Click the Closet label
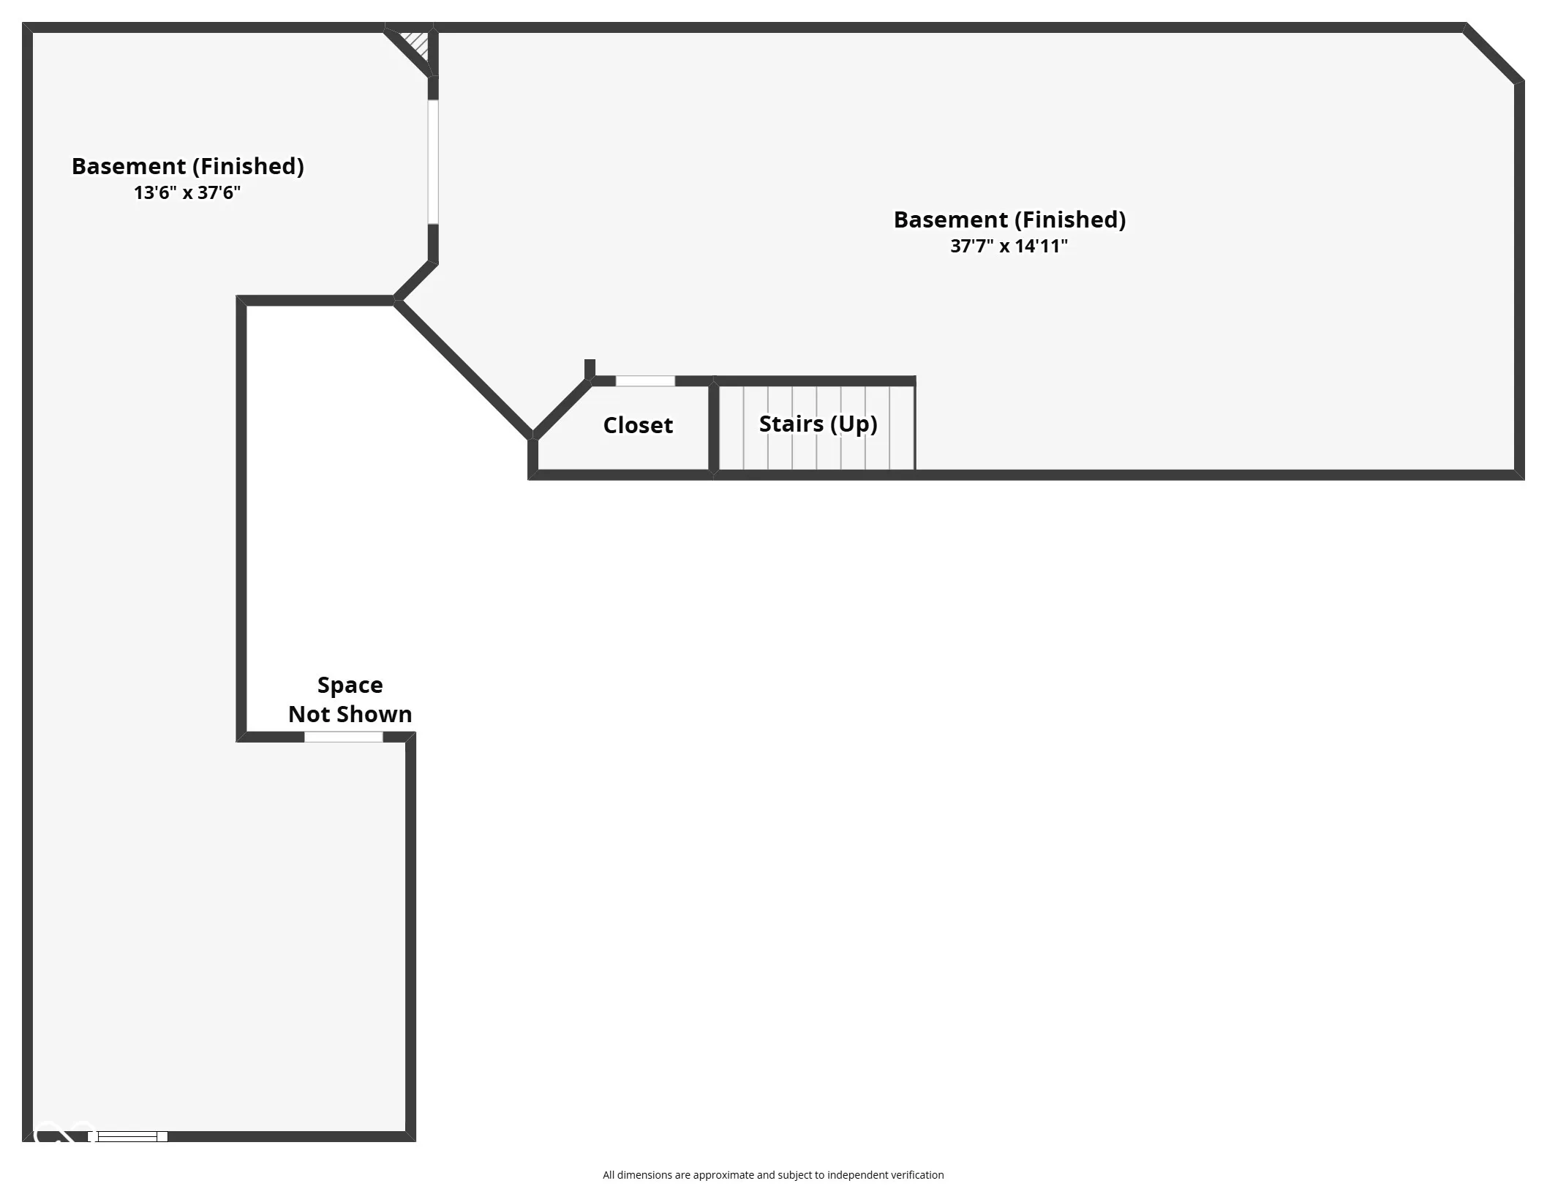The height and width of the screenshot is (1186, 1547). click(x=638, y=425)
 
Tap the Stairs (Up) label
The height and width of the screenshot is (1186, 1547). click(x=818, y=424)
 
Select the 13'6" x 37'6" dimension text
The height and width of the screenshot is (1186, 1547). click(x=187, y=192)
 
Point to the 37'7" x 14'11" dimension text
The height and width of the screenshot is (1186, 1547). click(x=1009, y=246)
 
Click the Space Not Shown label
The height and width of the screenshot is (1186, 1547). click(x=350, y=699)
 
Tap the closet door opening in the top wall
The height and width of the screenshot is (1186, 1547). click(x=645, y=381)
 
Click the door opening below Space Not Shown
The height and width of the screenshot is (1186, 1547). click(x=343, y=737)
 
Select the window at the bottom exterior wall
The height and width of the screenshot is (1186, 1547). click(x=128, y=1136)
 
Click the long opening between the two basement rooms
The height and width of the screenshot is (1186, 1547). click(x=433, y=162)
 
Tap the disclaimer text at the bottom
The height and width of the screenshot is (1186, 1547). click(x=773, y=1175)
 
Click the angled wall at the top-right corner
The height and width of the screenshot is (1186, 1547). click(x=1494, y=53)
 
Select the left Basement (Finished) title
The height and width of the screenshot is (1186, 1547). click(x=187, y=166)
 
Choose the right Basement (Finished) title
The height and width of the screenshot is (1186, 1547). click(x=1009, y=219)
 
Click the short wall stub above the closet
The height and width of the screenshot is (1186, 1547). click(x=590, y=369)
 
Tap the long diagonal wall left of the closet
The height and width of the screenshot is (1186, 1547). click(x=464, y=369)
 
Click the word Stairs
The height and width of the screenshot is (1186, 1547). click(x=791, y=424)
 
